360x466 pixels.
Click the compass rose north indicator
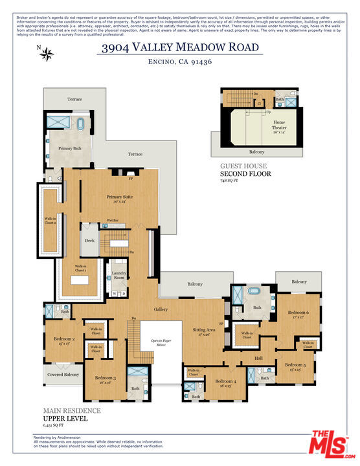click(x=46, y=54)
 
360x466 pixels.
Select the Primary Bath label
click(x=69, y=148)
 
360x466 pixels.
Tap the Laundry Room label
click(x=118, y=274)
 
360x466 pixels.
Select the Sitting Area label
click(x=204, y=329)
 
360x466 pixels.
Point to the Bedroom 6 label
click(x=298, y=313)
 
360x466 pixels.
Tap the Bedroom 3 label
click(x=106, y=377)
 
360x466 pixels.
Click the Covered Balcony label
click(x=63, y=375)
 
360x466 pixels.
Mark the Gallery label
click(x=161, y=309)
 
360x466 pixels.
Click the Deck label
click(x=90, y=241)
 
